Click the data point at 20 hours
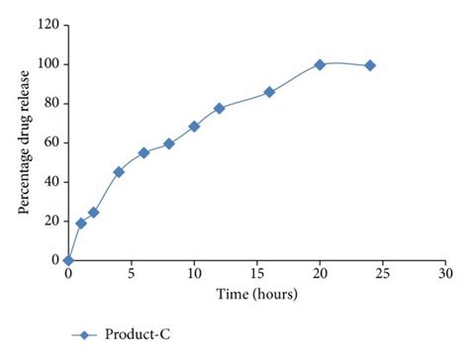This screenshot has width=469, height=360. pyautogui.click(x=320, y=64)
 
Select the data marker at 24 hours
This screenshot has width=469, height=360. pyautogui.click(x=370, y=65)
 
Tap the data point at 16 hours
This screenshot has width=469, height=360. pyautogui.click(x=269, y=92)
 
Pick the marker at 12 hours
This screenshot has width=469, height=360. pyautogui.click(x=219, y=108)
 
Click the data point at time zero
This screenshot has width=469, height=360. pyautogui.click(x=67, y=260)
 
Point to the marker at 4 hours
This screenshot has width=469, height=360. pyautogui.click(x=119, y=172)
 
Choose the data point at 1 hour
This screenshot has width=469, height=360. pyautogui.click(x=81, y=224)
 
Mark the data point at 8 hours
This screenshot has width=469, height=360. pyautogui.click(x=169, y=143)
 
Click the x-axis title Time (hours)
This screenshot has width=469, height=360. pyautogui.click(x=256, y=294)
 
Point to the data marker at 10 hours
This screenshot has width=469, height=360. pyautogui.click(x=194, y=127)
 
